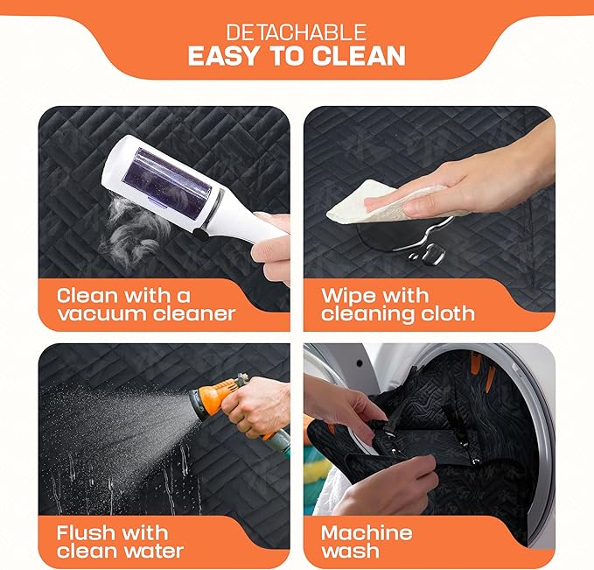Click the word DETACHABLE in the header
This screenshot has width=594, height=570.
[x=297, y=32]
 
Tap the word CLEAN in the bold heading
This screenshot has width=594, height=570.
[x=359, y=56]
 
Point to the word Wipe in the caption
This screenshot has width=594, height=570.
[x=348, y=296]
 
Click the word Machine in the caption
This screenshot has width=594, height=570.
[x=367, y=533]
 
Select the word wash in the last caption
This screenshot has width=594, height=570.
[x=350, y=551]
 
